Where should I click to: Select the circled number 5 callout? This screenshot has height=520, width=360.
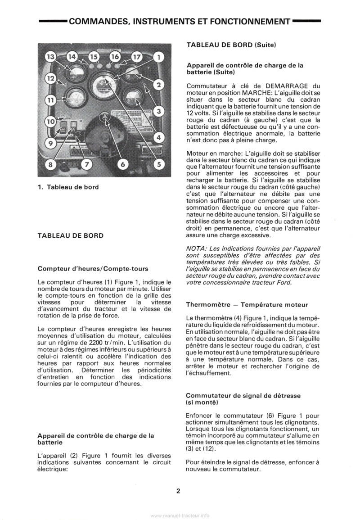159,164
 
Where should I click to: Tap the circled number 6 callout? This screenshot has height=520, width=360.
122,164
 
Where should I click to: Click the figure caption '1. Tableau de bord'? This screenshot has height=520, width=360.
68,187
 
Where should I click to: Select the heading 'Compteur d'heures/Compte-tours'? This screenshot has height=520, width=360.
93,269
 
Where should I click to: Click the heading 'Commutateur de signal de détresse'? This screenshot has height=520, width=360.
243,395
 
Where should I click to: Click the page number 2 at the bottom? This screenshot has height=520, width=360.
178,491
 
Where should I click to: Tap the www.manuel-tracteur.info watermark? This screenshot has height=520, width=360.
180,515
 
